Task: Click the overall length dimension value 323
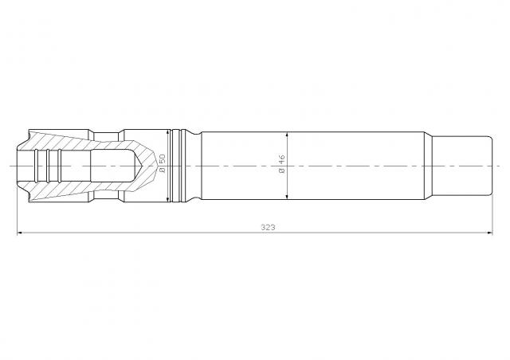pos(268,227)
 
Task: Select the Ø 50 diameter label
pos(163,163)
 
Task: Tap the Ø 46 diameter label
pos(281,163)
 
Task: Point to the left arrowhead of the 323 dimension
pos(20,233)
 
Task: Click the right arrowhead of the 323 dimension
pos(489,233)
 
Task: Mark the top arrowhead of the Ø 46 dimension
pos(287,135)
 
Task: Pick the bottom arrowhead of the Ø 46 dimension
pos(287,196)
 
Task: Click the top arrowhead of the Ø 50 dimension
pos(168,133)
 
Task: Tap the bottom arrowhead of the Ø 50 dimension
pos(168,198)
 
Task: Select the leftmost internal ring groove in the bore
pos(36,166)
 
